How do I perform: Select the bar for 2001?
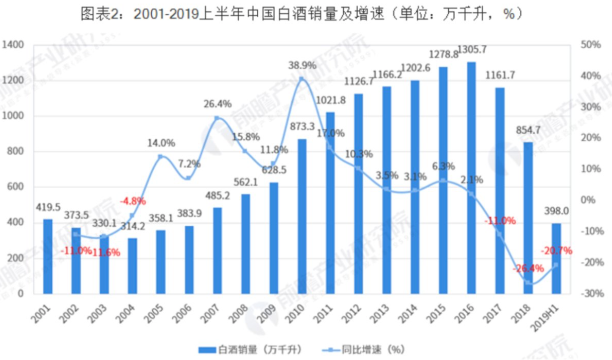tap(47, 256)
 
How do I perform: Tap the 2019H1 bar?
tap(556, 258)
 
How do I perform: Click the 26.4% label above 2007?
tap(217, 104)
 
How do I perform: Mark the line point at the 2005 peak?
tap(160, 157)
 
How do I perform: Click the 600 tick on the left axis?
tap(16, 187)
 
